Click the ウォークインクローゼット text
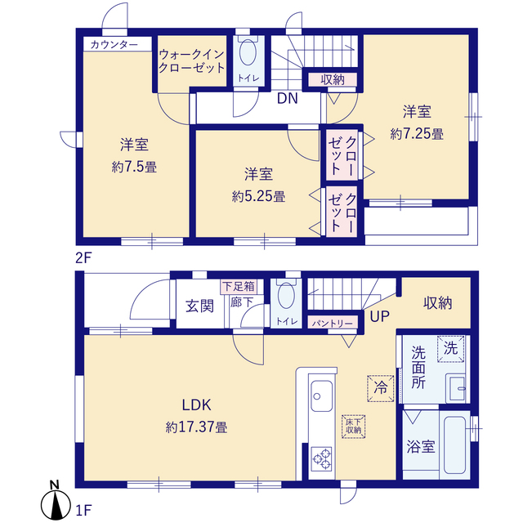coord(191,60)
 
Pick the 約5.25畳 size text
coord(257,195)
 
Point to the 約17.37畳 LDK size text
coord(196,426)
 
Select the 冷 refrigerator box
coord(380,383)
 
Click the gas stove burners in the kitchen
coord(320,459)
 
